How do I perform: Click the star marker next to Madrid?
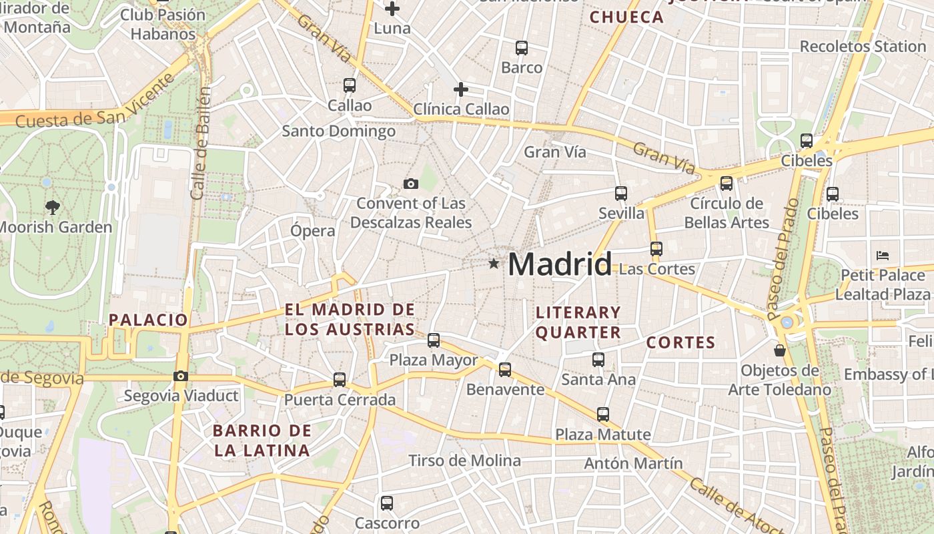pyautogui.click(x=494, y=264)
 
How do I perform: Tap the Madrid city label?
pyautogui.click(x=559, y=264)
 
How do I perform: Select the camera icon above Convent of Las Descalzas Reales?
pyautogui.click(x=411, y=184)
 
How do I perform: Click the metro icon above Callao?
pyautogui.click(x=350, y=85)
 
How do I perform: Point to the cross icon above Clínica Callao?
pyautogui.click(x=460, y=89)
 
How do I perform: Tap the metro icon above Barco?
pyautogui.click(x=522, y=48)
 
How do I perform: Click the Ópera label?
pyautogui.click(x=312, y=231)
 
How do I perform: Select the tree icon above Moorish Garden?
pyautogui.click(x=52, y=207)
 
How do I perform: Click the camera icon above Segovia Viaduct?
pyautogui.click(x=180, y=376)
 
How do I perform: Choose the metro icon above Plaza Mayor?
pyautogui.click(x=434, y=340)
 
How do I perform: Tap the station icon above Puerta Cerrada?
pyautogui.click(x=340, y=380)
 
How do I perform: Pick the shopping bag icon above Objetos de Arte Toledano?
pyautogui.click(x=779, y=350)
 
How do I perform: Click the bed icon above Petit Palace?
pyautogui.click(x=883, y=255)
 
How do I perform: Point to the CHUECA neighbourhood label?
pyautogui.click(x=626, y=17)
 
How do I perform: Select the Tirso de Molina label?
pyautogui.click(x=464, y=461)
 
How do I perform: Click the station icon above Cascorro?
pyautogui.click(x=387, y=503)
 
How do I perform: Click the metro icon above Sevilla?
pyautogui.click(x=621, y=194)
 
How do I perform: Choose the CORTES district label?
pyautogui.click(x=680, y=343)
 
